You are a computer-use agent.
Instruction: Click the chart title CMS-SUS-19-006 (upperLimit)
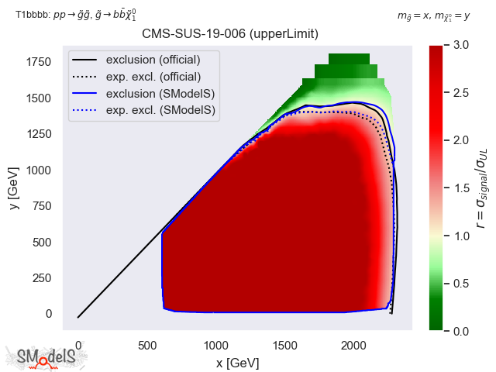[230, 34]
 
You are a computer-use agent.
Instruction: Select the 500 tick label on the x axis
[146, 345]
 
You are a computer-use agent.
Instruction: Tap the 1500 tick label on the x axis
[285, 345]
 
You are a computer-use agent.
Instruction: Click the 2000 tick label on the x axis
[354, 345]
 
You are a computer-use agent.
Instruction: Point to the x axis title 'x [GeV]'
[237, 362]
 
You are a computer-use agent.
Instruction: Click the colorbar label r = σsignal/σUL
[481, 188]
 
